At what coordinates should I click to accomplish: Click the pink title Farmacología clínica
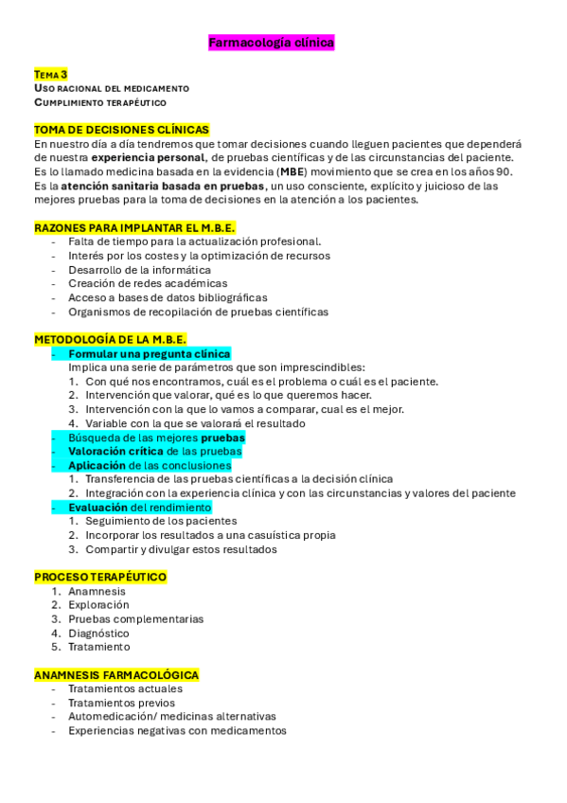click(271, 43)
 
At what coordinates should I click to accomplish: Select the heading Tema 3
click(51, 74)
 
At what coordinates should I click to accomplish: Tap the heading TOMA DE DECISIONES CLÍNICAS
click(121, 130)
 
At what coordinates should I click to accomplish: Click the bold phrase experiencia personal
click(149, 157)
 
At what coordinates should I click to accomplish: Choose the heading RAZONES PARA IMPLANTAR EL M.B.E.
click(134, 227)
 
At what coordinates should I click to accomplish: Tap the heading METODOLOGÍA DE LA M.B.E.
click(110, 339)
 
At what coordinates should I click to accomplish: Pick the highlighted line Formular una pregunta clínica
click(150, 353)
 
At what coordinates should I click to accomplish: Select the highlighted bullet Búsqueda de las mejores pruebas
click(156, 437)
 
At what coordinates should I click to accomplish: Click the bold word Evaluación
click(98, 508)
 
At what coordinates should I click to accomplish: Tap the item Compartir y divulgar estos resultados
click(181, 549)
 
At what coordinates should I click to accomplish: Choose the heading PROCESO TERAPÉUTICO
click(100, 577)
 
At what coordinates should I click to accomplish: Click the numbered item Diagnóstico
click(98, 633)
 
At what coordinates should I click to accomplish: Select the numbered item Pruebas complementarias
click(135, 619)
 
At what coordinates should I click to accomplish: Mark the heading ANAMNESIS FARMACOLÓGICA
click(116, 675)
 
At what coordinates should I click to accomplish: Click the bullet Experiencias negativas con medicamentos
click(177, 731)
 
